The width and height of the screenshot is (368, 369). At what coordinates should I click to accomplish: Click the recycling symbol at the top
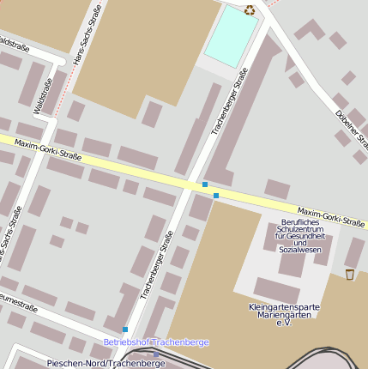[250, 10]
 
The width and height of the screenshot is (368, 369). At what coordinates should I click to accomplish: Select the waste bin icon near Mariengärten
[350, 274]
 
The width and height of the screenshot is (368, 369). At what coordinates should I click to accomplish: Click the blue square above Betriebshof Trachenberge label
[125, 330]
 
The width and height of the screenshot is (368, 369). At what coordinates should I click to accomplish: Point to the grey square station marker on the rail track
[156, 354]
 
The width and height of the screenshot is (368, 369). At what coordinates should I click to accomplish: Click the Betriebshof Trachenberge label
[156, 342]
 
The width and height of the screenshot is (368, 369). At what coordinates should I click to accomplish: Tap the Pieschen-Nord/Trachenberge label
[106, 363]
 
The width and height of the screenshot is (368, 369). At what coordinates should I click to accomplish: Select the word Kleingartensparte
[284, 306]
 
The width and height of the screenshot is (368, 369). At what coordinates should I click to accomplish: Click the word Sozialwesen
[300, 250]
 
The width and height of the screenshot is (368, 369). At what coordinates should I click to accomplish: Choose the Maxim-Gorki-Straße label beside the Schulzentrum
[331, 215]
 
